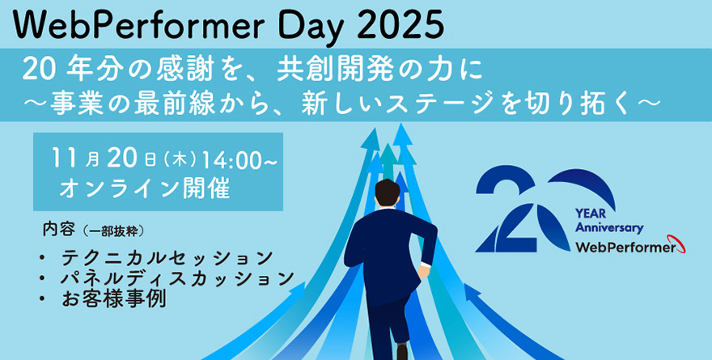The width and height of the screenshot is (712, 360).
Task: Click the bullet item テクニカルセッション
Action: (x=167, y=258)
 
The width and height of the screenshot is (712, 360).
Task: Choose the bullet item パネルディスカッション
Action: (x=177, y=278)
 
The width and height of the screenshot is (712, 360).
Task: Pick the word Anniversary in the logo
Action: (x=609, y=229)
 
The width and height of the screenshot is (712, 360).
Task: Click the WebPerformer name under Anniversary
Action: (x=624, y=248)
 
